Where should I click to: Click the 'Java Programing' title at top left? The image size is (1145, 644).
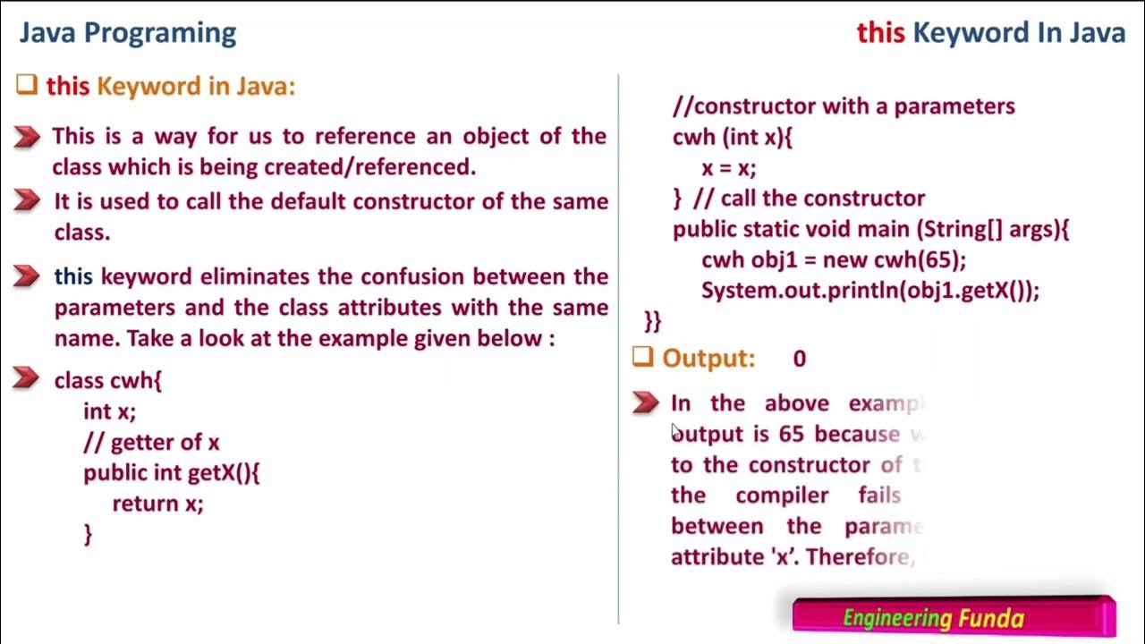point(128,33)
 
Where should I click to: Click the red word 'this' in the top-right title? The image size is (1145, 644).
point(880,33)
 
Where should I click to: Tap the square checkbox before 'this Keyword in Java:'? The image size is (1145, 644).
point(26,85)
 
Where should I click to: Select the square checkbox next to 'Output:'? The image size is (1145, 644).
point(642,357)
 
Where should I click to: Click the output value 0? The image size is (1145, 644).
point(799,359)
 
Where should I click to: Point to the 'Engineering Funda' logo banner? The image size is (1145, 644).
point(954,616)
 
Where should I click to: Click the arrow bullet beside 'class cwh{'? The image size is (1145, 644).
point(27,379)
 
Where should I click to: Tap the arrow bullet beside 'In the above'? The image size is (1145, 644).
point(645,402)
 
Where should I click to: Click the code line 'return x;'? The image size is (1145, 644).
point(157,504)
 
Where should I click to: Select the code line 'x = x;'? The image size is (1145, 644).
point(728,167)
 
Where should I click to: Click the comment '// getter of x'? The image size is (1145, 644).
point(151,442)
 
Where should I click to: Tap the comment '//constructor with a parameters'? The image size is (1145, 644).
point(844,106)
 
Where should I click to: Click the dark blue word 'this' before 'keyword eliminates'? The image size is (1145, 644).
point(73,276)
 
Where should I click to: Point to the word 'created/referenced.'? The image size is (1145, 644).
point(369,166)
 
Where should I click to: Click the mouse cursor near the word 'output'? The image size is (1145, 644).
point(676,432)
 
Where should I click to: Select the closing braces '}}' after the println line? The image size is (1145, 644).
point(652,320)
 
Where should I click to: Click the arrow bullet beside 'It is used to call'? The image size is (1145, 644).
point(27,200)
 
